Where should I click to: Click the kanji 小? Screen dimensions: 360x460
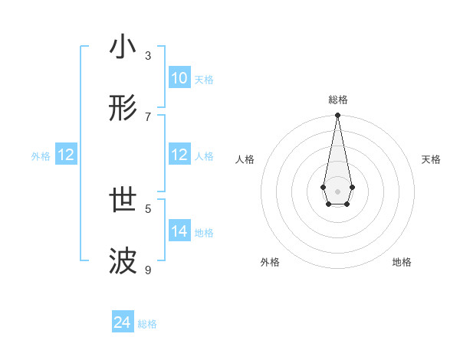123,47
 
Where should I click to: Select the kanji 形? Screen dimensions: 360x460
123,108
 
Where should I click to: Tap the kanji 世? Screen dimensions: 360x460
123,201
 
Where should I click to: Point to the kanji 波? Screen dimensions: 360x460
123,262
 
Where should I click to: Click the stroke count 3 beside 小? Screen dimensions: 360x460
148,55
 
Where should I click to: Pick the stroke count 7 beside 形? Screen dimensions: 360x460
148,116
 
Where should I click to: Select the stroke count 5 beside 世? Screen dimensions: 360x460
148,208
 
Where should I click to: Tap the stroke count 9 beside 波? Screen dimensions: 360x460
148,270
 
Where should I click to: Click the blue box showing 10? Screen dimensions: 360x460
179,78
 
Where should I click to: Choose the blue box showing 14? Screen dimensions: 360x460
179,231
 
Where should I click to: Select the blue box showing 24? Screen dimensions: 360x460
122,323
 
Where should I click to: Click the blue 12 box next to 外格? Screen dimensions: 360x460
66,155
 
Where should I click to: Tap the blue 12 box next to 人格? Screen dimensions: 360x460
179,155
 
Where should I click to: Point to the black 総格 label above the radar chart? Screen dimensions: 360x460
337,100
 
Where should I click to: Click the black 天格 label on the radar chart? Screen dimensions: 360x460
431,159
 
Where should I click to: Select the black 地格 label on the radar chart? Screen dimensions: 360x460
402,262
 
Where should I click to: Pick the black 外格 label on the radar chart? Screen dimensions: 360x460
270,262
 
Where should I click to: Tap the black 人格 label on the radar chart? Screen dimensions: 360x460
245,159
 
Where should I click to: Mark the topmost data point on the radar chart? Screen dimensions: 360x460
337,116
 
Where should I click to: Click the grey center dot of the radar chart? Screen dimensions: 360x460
337,191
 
